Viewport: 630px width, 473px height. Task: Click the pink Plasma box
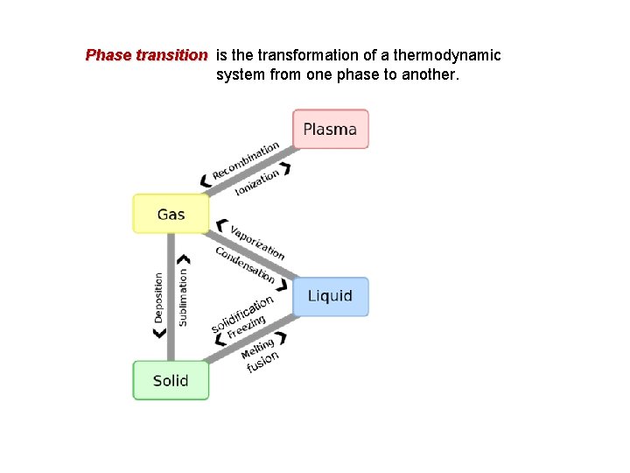(330, 129)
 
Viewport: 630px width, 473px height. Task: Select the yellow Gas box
(171, 214)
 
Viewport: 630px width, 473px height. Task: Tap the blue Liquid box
(330, 296)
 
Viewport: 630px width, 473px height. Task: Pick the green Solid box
(171, 380)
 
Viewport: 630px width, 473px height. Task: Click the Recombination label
(246, 160)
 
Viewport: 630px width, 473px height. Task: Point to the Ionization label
(257, 182)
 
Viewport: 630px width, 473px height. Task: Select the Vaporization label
(257, 242)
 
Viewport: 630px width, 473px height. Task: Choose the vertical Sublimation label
(183, 297)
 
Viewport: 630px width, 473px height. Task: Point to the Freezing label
(246, 328)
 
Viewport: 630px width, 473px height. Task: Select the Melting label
(258, 348)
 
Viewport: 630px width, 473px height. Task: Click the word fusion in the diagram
(262, 362)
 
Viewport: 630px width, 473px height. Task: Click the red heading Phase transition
(146, 55)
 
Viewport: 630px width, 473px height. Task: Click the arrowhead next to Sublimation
(183, 259)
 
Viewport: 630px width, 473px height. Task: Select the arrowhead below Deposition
(159, 334)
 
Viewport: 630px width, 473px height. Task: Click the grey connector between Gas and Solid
(171, 298)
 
